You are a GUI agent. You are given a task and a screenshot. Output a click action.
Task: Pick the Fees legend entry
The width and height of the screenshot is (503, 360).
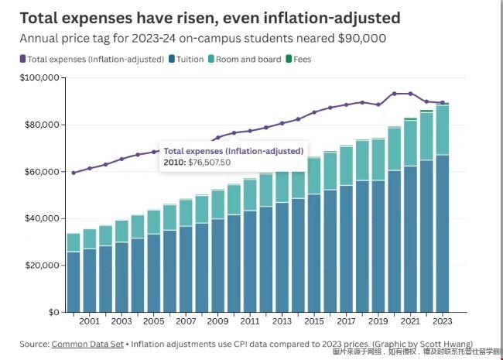(x=297, y=59)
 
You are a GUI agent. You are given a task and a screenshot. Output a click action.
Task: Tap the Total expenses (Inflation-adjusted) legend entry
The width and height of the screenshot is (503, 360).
(x=97, y=59)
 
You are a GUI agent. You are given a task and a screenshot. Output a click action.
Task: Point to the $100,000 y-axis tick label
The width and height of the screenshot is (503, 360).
(x=39, y=78)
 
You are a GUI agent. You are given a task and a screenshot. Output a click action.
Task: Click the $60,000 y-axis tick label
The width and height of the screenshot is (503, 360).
(x=41, y=172)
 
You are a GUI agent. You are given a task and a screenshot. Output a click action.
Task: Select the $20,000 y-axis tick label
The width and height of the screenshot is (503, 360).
(x=41, y=266)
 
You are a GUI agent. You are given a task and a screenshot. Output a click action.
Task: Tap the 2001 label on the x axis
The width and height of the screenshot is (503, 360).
(x=90, y=321)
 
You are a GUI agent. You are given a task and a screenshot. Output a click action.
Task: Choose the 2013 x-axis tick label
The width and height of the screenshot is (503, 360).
(x=282, y=321)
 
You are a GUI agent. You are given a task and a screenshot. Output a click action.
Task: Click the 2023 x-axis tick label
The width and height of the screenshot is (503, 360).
(x=443, y=321)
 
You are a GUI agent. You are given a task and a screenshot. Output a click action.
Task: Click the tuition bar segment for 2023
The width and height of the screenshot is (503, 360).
(x=443, y=232)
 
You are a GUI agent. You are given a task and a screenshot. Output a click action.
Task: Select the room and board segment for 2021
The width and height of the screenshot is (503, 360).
(x=410, y=143)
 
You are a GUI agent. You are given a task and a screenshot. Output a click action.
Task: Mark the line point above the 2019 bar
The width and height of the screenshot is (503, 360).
(x=378, y=105)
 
